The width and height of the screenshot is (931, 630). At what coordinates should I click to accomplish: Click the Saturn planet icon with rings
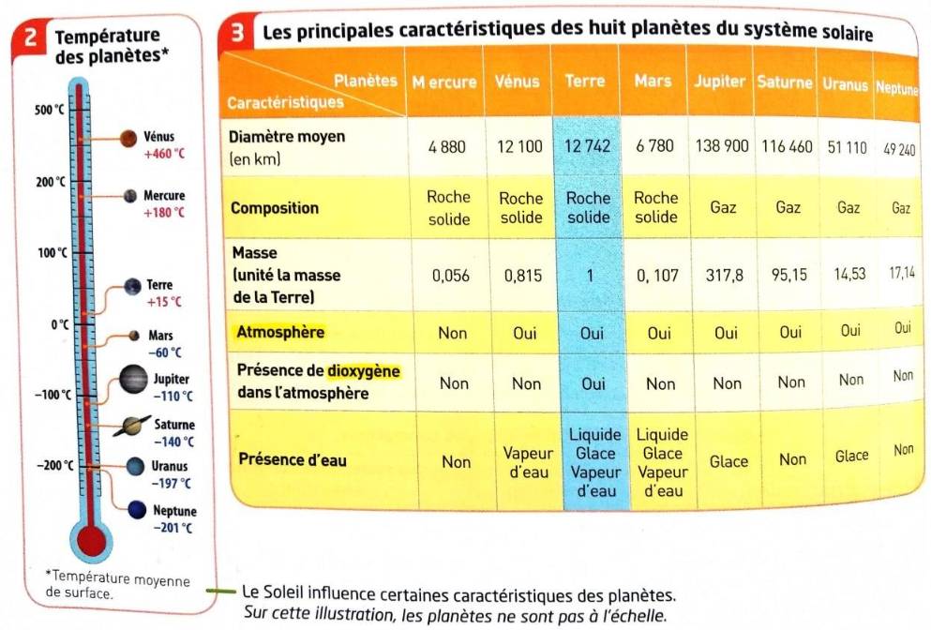click(134, 426)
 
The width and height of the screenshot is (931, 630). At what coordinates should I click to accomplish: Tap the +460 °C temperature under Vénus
click(165, 154)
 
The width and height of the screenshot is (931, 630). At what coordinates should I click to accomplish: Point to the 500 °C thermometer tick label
click(49, 111)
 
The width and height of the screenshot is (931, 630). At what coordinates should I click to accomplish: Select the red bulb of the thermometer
click(91, 541)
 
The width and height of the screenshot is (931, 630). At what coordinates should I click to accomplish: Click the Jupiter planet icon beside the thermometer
click(133, 380)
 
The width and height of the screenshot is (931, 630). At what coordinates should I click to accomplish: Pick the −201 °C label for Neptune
click(174, 528)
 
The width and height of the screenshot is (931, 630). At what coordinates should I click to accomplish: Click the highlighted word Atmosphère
click(280, 332)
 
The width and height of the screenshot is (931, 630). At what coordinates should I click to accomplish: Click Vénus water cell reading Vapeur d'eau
click(520, 462)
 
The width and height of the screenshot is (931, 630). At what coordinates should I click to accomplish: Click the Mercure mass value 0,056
click(450, 276)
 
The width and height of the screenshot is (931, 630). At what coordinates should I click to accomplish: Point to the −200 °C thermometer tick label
click(54, 465)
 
